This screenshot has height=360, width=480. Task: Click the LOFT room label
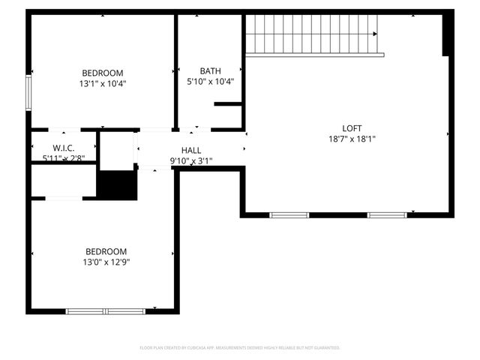(x=352, y=128)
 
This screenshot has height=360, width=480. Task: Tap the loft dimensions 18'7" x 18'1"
(x=352, y=139)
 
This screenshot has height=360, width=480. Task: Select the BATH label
(x=210, y=71)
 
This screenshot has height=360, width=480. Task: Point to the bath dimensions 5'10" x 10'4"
(x=210, y=82)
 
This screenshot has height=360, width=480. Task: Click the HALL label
(x=191, y=151)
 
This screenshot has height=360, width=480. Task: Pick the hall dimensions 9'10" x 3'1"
(x=191, y=160)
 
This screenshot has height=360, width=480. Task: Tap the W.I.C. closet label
(x=63, y=148)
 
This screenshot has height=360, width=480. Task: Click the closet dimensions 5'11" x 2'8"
(x=64, y=158)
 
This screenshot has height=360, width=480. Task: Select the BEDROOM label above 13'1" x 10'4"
(x=103, y=73)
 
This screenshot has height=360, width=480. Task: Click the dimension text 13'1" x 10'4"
(x=103, y=83)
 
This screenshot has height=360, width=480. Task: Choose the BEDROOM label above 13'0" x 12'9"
(x=106, y=251)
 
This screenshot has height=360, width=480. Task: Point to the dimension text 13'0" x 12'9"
(x=106, y=262)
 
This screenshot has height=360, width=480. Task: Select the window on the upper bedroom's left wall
(x=28, y=92)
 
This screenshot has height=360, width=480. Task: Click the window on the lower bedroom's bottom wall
(x=105, y=311)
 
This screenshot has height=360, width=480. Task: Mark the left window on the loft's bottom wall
(x=289, y=215)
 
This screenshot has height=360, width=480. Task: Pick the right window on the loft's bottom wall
(x=387, y=215)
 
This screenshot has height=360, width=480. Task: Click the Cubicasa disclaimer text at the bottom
(x=240, y=348)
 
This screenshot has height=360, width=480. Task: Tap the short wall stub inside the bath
(x=227, y=104)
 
